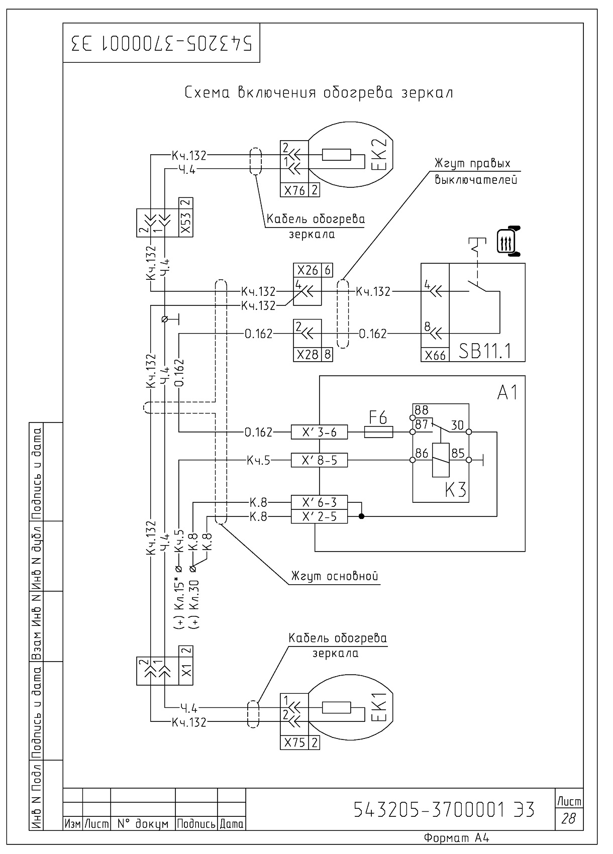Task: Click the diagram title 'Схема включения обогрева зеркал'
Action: click(319, 92)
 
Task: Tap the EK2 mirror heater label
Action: click(379, 154)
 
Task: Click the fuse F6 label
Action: click(378, 417)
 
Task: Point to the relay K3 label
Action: click(456, 489)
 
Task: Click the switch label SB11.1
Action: click(484, 351)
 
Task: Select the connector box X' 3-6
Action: click(319, 432)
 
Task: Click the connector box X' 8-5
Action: click(319, 460)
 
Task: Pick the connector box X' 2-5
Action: click(319, 516)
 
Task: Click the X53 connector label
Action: click(186, 223)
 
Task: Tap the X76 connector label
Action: click(294, 190)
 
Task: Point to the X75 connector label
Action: click(294, 742)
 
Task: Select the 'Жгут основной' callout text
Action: click(335, 576)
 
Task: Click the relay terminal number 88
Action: click(421, 410)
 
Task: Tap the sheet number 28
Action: click(568, 818)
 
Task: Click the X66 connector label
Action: click(435, 355)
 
